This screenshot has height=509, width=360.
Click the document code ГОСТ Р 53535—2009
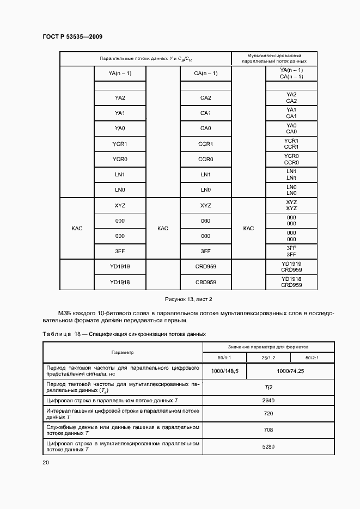72,36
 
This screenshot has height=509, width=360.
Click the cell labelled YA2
120,98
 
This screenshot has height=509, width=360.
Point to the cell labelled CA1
205,113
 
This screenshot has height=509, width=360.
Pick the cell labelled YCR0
120,159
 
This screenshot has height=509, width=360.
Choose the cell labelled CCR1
205,144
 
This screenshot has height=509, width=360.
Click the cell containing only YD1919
120,267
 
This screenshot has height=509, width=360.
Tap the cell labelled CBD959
205,282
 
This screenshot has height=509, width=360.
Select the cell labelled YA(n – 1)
120,73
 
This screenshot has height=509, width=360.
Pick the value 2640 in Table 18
268,401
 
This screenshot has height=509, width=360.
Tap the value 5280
268,446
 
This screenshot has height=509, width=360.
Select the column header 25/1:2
268,357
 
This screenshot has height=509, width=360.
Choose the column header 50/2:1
312,357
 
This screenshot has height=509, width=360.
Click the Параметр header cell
123,352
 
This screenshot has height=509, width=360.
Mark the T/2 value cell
268,387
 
